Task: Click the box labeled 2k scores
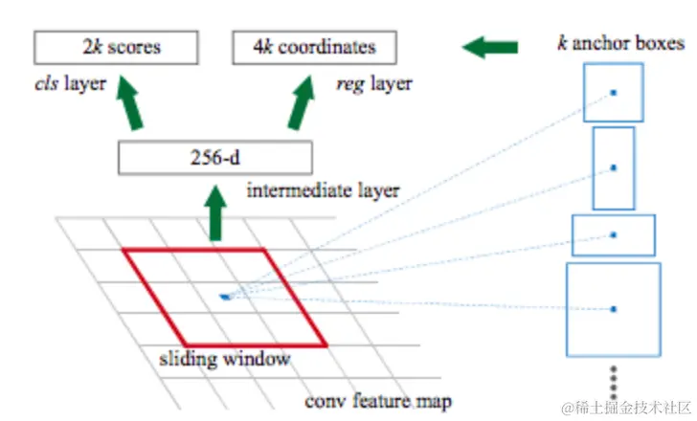[117, 46]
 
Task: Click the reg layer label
[373, 83]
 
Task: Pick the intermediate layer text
[323, 190]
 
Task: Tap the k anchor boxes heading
[620, 43]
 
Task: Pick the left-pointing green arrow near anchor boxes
[489, 46]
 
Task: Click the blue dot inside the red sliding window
[224, 297]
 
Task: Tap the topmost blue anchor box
[613, 93]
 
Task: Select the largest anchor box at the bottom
[613, 308]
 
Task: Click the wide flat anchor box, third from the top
[613, 234]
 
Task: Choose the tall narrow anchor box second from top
[614, 167]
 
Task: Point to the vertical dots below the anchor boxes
[615, 378]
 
